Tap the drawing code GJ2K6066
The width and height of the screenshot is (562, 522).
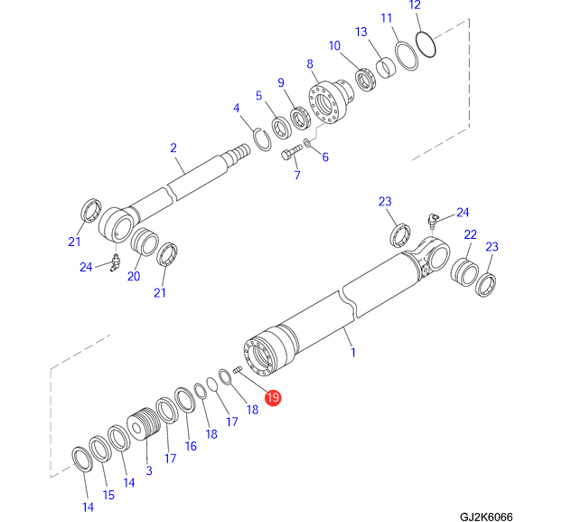pos(485,516)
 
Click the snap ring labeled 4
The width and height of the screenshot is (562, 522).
pos(261,139)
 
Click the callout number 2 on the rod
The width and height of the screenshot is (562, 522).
pos(173,147)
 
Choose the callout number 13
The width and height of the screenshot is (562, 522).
pos(361,33)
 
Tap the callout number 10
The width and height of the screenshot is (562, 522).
pos(334,45)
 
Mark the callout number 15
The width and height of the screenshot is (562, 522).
pos(108,495)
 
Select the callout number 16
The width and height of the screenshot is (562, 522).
pos(191,446)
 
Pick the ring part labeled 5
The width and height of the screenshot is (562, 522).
pos(278,131)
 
